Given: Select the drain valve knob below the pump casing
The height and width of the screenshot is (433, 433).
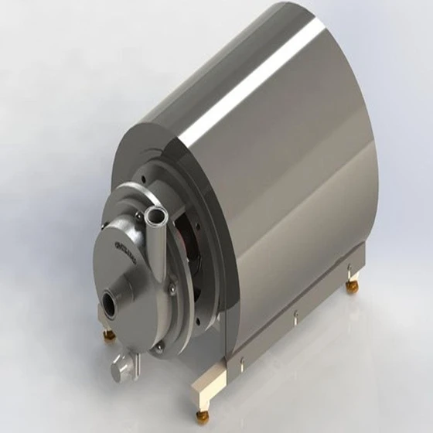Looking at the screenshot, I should click(x=121, y=369).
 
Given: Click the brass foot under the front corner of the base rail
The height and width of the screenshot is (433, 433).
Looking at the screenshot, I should click(x=202, y=416).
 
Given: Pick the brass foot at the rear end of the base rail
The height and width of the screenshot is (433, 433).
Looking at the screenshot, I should click(x=352, y=287).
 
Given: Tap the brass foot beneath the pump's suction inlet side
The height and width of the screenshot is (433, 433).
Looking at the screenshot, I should click(x=108, y=334).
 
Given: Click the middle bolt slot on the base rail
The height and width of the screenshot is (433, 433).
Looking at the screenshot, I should click(x=295, y=315).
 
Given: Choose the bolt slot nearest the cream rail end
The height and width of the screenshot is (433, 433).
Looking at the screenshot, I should click(x=240, y=360).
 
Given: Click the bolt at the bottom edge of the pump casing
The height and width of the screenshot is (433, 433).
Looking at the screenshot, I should click(x=159, y=347).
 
